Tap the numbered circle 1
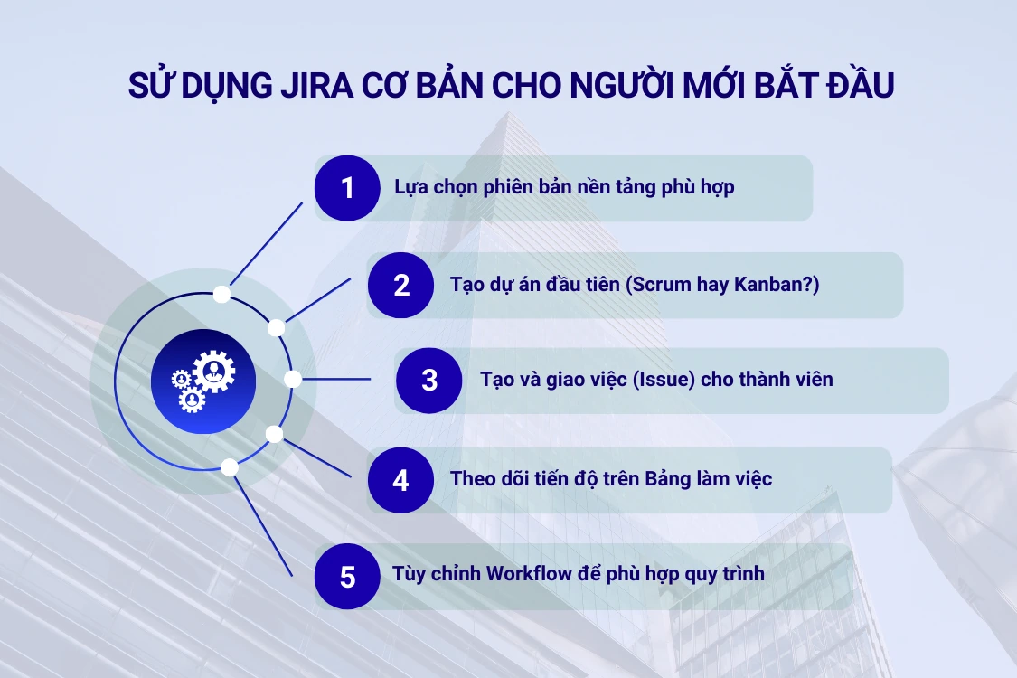click(x=347, y=188)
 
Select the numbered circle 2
click(x=401, y=285)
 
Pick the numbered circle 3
click(x=429, y=380)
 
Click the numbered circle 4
click(x=400, y=480)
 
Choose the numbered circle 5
click(x=348, y=577)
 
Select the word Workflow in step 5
click(x=532, y=574)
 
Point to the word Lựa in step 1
click(x=411, y=188)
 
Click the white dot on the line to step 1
click(x=221, y=294)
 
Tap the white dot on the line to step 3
click(x=293, y=380)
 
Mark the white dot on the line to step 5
click(x=230, y=467)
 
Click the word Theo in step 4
click(x=473, y=479)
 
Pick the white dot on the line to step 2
click(x=277, y=327)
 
